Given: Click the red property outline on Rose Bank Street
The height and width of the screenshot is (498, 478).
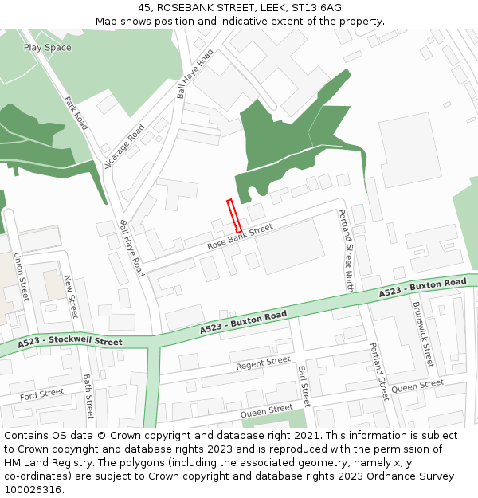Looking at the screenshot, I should (234, 216).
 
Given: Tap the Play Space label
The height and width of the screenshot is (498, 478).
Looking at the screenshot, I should (47, 48).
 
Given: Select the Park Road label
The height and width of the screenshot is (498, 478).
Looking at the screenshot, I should (76, 113).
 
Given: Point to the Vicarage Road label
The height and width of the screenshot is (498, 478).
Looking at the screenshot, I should (124, 147).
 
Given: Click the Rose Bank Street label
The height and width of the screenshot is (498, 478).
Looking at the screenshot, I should (240, 237).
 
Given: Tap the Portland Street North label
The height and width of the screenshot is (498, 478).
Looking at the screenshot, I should (346, 250).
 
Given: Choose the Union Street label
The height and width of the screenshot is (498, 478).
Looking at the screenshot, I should (21, 276).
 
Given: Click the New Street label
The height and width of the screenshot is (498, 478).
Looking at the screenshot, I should (71, 296).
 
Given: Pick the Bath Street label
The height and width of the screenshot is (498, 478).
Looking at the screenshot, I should (88, 396).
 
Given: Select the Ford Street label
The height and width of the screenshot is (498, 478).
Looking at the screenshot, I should (41, 394).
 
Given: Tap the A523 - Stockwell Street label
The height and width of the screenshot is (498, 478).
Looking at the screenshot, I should (71, 343).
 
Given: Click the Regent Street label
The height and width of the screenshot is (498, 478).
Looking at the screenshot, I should (263, 363).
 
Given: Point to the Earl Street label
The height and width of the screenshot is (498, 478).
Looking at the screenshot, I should (303, 386).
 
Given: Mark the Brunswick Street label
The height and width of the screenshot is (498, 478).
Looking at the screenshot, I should (422, 332).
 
